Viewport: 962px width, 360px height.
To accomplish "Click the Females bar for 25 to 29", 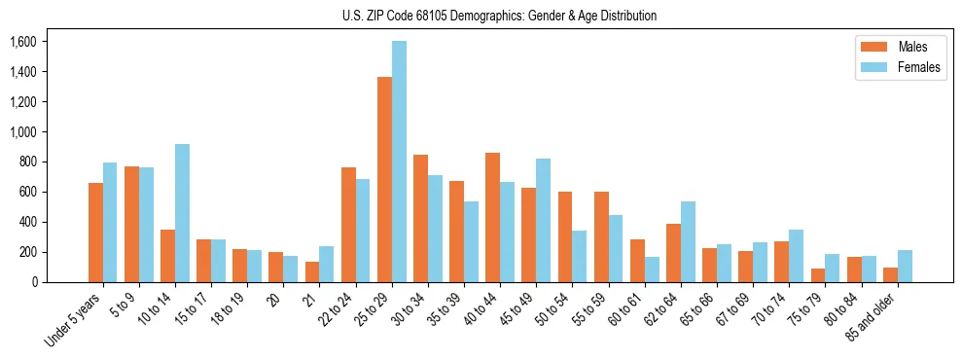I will point(400,162).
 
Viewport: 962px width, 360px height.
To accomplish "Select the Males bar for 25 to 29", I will point(385,180).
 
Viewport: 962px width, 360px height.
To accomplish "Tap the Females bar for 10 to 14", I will point(183,213).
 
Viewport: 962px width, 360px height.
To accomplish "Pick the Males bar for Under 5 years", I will point(95,233).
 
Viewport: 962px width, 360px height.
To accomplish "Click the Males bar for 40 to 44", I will point(493,218).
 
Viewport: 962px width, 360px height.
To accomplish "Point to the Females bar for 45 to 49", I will point(544,221).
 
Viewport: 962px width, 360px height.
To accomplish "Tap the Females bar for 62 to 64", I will point(689,242).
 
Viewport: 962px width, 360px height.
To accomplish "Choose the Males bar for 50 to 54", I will point(565,237).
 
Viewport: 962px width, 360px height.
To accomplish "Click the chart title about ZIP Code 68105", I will point(499,16).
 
